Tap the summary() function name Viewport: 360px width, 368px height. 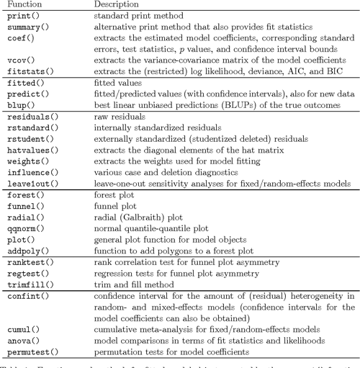point(24,27)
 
